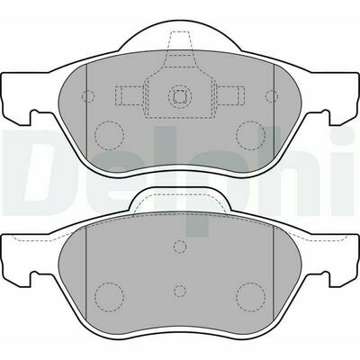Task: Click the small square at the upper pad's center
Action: [180, 95]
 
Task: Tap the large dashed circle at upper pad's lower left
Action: [109, 135]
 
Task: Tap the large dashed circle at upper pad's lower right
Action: [250, 135]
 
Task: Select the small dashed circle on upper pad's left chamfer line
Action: [88, 96]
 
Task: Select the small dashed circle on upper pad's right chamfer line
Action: [272, 96]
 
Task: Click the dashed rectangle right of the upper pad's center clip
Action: [230, 96]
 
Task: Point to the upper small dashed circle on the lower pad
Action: [180, 247]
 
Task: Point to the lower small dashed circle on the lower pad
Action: [180, 291]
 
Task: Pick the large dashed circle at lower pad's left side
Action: [109, 297]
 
